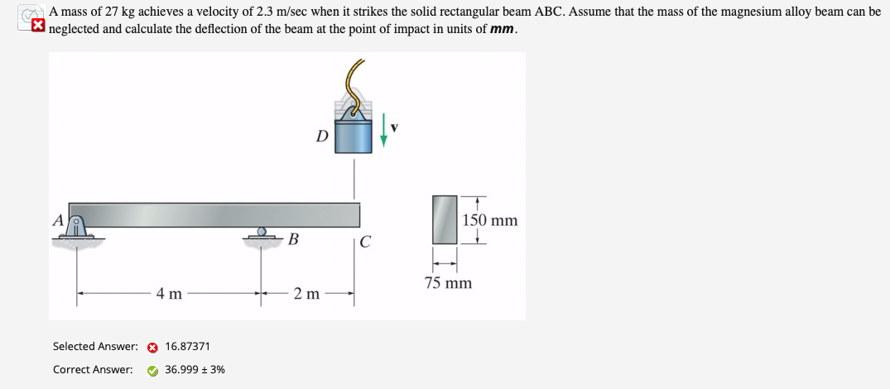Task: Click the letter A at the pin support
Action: (x=58, y=220)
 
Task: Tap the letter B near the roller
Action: (x=293, y=241)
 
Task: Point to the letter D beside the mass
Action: (x=322, y=136)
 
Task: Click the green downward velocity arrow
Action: (x=383, y=132)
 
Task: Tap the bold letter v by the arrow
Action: (x=395, y=128)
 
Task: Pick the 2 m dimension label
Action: (x=306, y=293)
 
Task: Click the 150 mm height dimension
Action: (x=490, y=220)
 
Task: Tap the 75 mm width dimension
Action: (x=449, y=283)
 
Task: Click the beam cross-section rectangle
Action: (x=445, y=219)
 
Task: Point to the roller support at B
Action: (x=262, y=236)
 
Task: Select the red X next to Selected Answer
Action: (x=152, y=347)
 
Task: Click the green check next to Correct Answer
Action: (x=152, y=370)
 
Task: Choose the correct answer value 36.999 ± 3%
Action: (x=195, y=370)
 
